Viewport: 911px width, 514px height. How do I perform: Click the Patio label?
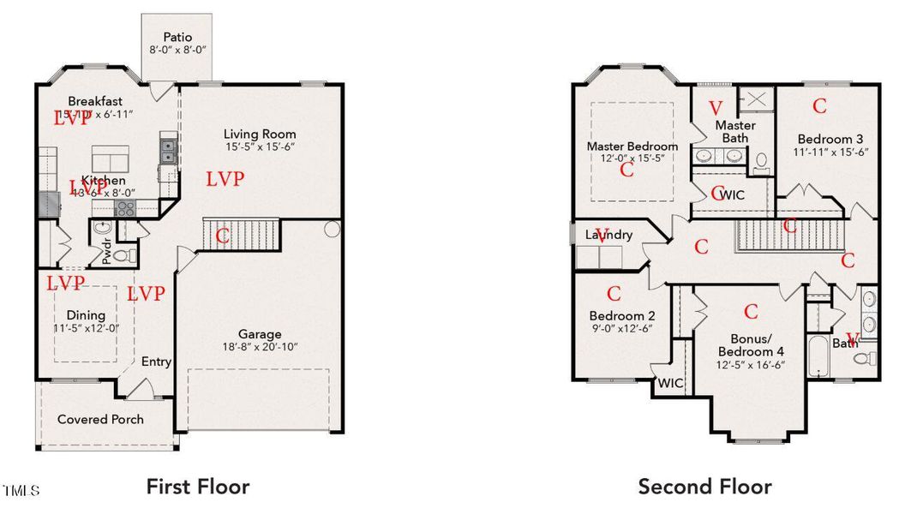pos(177,38)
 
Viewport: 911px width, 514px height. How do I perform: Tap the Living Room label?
pos(260,134)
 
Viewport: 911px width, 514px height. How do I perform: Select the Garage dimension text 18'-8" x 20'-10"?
pos(260,348)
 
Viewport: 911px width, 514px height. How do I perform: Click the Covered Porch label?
pos(100,419)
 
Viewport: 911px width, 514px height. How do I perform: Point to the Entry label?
pos(156,362)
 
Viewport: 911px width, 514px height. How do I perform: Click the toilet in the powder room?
pos(122,255)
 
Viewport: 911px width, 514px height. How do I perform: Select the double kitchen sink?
pos(167,152)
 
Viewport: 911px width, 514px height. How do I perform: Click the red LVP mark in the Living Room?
pos(225,179)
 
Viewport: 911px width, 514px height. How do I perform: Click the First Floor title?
pos(197,487)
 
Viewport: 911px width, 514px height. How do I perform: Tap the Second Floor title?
pos(704,487)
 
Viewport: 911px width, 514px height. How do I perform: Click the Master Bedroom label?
pos(632,146)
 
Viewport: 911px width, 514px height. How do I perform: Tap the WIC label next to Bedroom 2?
pos(670,383)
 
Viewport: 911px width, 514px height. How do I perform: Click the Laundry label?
pos(609,234)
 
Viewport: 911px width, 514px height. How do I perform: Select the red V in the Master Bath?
pos(716,109)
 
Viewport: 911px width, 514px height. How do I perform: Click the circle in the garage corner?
pos(333,230)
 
